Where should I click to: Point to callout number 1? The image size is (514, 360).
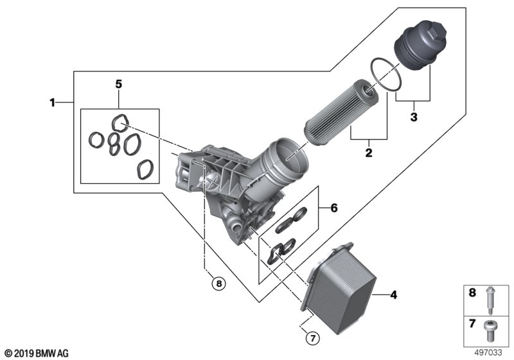click(x=51, y=102)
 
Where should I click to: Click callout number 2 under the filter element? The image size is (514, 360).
click(x=369, y=153)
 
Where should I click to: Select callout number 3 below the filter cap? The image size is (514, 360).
click(x=413, y=117)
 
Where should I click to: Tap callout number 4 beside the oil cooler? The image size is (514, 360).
click(x=394, y=296)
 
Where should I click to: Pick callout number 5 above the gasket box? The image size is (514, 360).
click(x=118, y=84)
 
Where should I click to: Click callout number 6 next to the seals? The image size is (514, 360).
click(x=333, y=208)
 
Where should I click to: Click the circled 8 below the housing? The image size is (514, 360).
click(x=218, y=283)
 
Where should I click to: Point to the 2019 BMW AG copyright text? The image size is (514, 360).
click(x=35, y=352)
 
